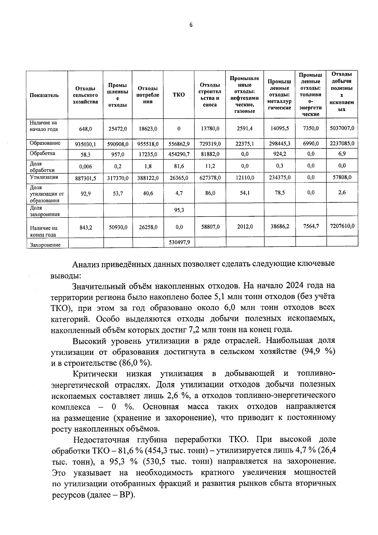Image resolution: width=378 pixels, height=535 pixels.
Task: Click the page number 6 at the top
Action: click(x=191, y=25)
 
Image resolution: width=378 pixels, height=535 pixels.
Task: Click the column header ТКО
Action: click(x=179, y=95)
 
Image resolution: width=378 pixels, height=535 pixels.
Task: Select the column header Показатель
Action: click(x=44, y=95)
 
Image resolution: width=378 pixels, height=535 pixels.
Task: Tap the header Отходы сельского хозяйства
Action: click(x=85, y=95)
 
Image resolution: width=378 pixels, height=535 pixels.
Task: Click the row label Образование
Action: click(x=45, y=143)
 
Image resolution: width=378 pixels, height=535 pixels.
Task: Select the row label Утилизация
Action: click(x=44, y=177)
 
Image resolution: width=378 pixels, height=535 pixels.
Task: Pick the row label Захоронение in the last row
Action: click(x=45, y=245)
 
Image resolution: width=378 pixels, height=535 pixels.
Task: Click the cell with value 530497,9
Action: click(x=179, y=242)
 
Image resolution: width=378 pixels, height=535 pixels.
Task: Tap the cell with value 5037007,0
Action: click(x=342, y=128)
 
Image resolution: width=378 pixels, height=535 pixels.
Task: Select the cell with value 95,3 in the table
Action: click(x=179, y=210)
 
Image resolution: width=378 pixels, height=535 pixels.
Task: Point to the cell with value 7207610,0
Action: click(x=342, y=226)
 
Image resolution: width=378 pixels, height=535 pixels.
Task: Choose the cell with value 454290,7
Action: click(x=179, y=154)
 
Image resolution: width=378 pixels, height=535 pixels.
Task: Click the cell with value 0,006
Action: click(x=85, y=166)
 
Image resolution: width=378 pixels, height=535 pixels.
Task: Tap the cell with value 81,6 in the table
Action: click(x=179, y=166)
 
